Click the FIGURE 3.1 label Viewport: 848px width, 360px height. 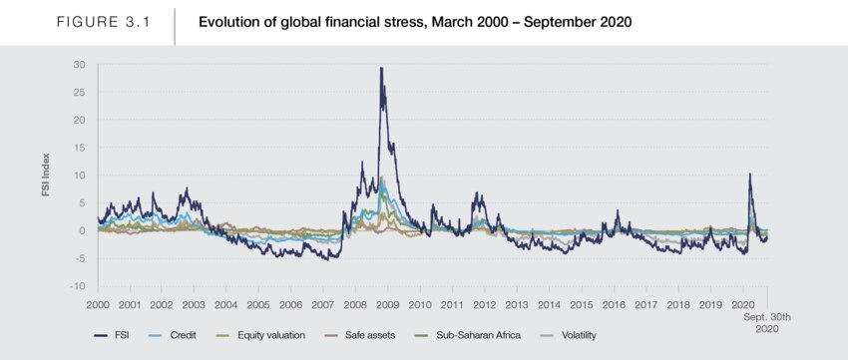pos(104,23)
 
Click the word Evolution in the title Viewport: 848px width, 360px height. pos(221,23)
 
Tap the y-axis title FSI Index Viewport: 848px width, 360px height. pos(47,175)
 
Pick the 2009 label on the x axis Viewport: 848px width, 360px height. pos(388,305)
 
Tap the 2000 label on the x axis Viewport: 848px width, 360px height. pos(98,305)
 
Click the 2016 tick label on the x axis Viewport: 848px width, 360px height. pos(614,305)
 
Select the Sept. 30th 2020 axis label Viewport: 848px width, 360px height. pos(766,322)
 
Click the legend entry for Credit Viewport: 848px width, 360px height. pos(172,335)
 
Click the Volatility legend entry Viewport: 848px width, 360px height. pos(568,335)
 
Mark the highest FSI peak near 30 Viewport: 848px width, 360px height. pos(381,68)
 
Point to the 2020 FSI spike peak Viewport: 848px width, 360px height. pos(749,174)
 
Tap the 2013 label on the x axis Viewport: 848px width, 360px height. pos(517,305)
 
